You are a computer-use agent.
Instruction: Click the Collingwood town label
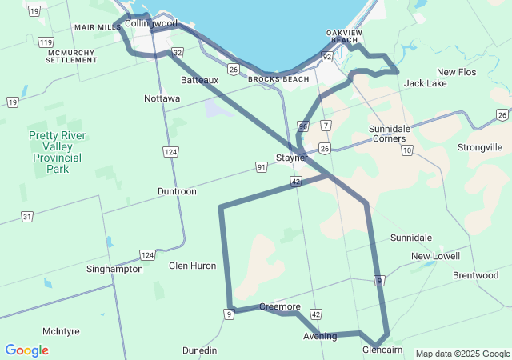(x=151, y=24)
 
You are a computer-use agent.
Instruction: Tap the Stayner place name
(x=292, y=158)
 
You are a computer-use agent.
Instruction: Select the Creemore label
(x=280, y=307)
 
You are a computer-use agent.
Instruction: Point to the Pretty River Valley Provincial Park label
(x=55, y=152)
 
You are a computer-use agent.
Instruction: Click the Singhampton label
(x=114, y=269)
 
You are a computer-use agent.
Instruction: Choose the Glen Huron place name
(x=193, y=266)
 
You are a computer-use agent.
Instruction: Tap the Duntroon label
(x=177, y=192)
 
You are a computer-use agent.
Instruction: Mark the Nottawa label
(x=162, y=98)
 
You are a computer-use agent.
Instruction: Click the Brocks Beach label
(x=278, y=79)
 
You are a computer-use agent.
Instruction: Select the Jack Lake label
(x=426, y=83)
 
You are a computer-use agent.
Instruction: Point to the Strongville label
(x=480, y=147)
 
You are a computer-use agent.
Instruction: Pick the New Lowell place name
(x=436, y=256)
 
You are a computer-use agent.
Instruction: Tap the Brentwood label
(x=475, y=275)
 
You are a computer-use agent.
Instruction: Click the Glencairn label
(x=382, y=350)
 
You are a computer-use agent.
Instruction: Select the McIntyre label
(x=62, y=330)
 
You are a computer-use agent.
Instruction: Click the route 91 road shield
(x=262, y=166)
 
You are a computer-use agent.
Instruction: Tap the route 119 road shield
(x=46, y=42)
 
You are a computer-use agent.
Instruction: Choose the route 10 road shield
(x=408, y=150)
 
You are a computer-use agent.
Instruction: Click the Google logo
(x=26, y=350)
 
